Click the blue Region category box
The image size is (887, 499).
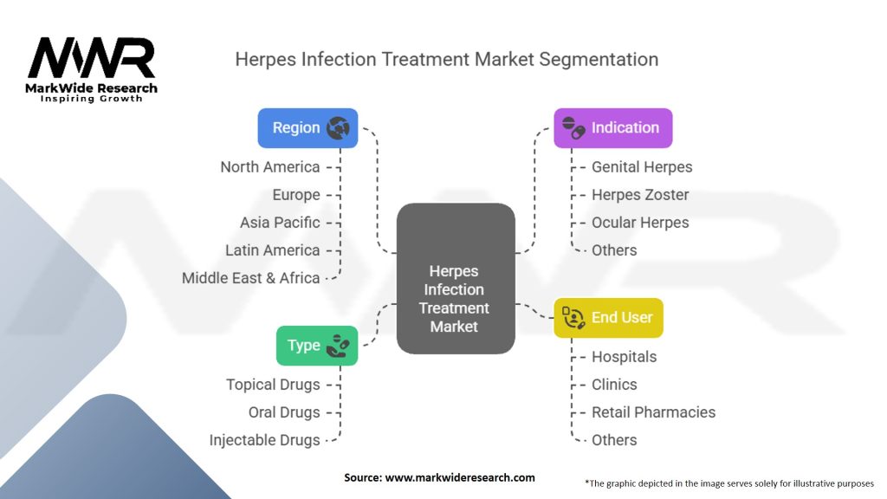pyautogui.click(x=308, y=128)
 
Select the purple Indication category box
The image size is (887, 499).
pyautogui.click(x=613, y=128)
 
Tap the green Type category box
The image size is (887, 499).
pyautogui.click(x=317, y=346)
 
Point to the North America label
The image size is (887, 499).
pyautogui.click(x=270, y=167)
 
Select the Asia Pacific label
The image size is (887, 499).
pyautogui.click(x=280, y=223)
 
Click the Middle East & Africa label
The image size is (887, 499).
pyautogui.click(x=251, y=278)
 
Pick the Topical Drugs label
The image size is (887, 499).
pyautogui.click(x=273, y=385)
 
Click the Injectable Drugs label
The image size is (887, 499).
pyautogui.click(x=264, y=440)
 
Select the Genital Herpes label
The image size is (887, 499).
pyautogui.click(x=642, y=167)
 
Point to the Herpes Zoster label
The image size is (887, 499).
pyautogui.click(x=640, y=195)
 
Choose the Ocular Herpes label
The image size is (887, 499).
pyautogui.click(x=640, y=223)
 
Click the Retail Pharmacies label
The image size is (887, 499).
pyautogui.click(x=653, y=412)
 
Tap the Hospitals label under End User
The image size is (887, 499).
pyautogui.click(x=624, y=357)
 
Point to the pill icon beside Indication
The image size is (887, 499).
pyautogui.click(x=573, y=126)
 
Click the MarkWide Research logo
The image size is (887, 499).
pyautogui.click(x=92, y=69)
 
